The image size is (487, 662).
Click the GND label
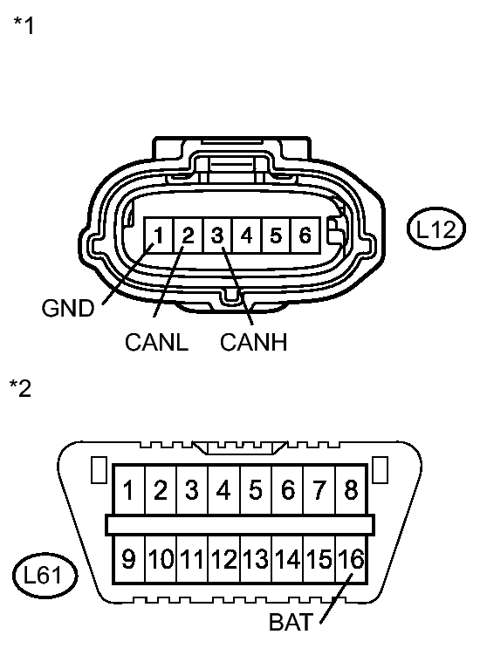click(67, 309)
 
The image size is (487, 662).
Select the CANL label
click(156, 343)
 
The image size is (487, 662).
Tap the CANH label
click(253, 343)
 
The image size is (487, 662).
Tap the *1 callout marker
click(24, 26)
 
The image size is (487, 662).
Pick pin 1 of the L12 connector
click(159, 235)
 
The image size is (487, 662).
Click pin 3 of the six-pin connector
click(217, 235)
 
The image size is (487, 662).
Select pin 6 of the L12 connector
click(305, 235)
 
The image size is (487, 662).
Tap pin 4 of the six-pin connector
click(247, 235)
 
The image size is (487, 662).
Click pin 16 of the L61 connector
click(351, 558)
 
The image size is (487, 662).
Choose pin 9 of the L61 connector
click(128, 558)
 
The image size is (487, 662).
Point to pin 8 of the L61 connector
click(351, 490)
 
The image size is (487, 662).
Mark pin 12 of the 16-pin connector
click(223, 558)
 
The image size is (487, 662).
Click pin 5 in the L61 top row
click(255, 490)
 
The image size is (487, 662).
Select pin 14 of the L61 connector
click(287, 558)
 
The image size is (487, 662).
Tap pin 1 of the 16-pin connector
click(128, 490)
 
